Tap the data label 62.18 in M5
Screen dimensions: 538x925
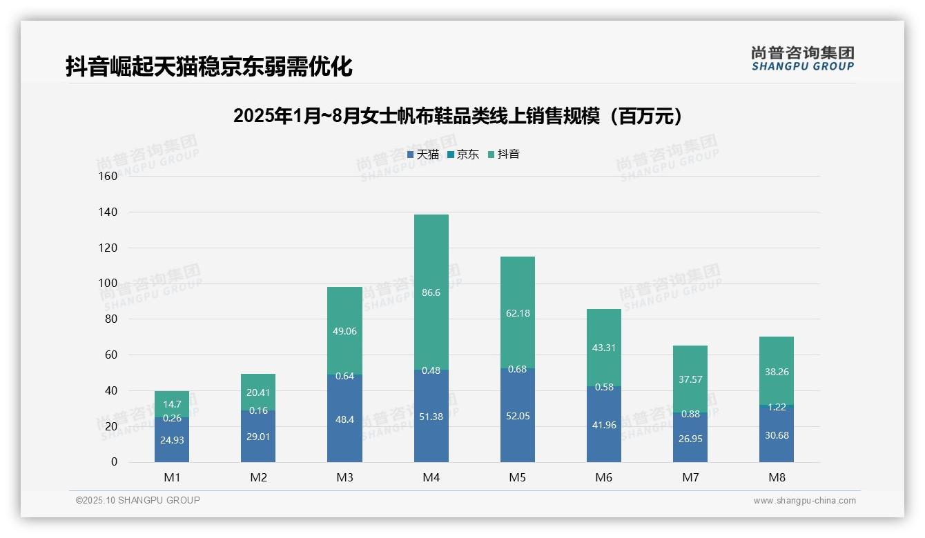click(518, 313)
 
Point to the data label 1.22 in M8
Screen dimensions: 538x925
click(777, 407)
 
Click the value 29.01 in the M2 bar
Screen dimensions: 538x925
click(258, 437)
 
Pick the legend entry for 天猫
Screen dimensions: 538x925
click(423, 155)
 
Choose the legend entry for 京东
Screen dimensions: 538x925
click(463, 155)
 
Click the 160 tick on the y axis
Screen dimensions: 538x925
click(108, 176)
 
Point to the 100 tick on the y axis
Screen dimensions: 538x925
click(108, 283)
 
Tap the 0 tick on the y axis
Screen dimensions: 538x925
click(114, 462)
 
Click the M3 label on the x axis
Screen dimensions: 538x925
click(344, 477)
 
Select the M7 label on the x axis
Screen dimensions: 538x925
click(690, 477)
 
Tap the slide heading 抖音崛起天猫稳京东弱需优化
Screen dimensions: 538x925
click(209, 66)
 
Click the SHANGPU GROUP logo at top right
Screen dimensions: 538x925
click(802, 59)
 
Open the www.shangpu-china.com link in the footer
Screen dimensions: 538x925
click(804, 501)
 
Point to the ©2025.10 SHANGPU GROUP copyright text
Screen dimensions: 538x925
click(138, 500)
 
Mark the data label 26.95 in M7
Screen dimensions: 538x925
click(690, 439)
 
